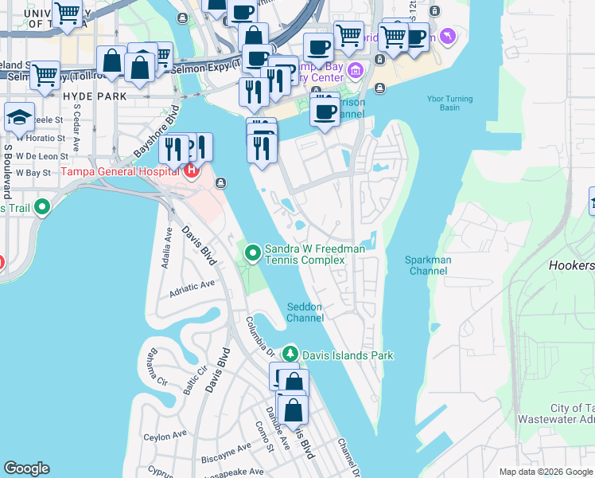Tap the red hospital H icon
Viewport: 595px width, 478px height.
click(191, 170)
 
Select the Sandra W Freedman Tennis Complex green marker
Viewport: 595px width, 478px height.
click(253, 253)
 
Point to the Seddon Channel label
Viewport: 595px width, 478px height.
click(305, 312)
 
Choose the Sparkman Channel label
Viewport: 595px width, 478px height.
click(428, 265)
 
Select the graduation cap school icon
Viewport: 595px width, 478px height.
click(18, 118)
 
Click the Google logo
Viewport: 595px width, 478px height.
click(27, 468)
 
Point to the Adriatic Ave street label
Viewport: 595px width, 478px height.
click(192, 284)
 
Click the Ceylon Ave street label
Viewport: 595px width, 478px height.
click(165, 437)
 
